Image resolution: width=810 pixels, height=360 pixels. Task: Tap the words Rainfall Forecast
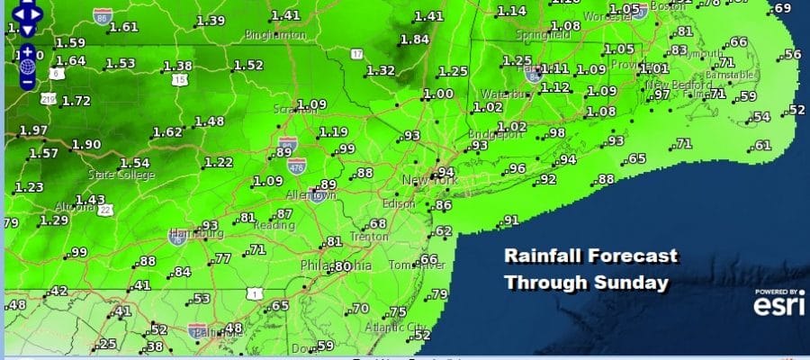[589, 256]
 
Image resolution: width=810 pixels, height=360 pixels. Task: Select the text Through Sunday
[586, 283]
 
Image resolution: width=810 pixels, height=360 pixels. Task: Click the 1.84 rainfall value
[415, 39]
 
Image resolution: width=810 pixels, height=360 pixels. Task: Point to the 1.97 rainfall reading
[32, 130]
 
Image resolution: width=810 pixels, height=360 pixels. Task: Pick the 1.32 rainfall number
[381, 70]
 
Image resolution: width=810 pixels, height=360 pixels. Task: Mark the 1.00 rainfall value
[439, 94]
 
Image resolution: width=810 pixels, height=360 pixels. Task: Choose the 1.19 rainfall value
[332, 132]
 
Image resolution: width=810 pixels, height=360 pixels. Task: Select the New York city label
[430, 181]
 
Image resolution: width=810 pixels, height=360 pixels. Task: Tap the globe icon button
[27, 65]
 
